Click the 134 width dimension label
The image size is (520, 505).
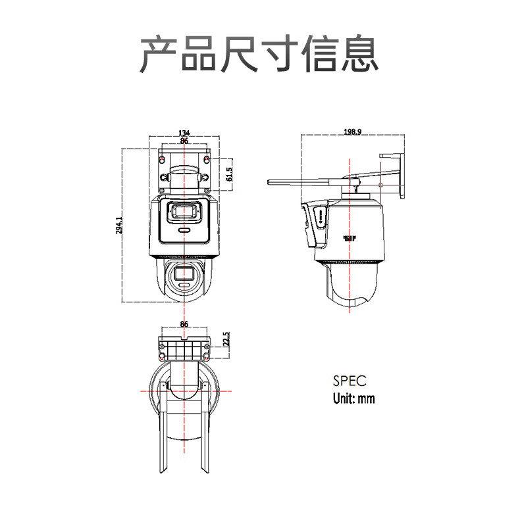point(184,133)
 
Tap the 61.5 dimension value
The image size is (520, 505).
point(229,174)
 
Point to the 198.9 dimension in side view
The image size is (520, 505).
point(352,132)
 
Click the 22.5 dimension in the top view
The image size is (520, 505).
point(226,339)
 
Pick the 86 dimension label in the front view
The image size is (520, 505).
point(184,141)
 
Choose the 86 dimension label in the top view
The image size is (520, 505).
point(184,324)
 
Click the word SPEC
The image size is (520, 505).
point(349,381)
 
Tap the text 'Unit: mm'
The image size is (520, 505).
point(353,398)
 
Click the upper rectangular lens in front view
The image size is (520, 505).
point(184,212)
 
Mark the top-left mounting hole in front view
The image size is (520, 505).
point(163,159)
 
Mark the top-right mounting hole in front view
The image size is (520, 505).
point(208,159)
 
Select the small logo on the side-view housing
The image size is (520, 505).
point(349,237)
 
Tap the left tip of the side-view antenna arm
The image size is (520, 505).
point(269,181)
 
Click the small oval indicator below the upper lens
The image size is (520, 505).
point(184,231)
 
